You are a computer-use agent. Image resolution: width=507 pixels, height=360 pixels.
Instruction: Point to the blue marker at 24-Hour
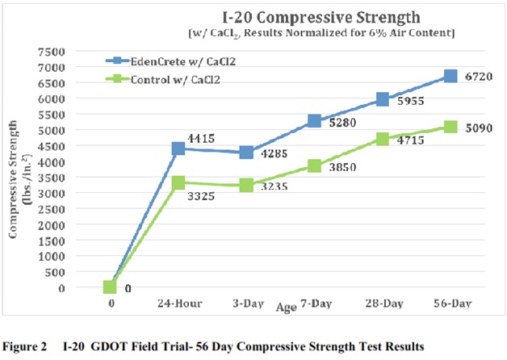tap(178, 149)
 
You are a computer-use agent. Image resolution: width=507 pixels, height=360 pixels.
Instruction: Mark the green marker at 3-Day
tap(224, 185)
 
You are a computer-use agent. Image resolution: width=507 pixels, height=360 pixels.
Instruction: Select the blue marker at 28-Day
tap(383, 100)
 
